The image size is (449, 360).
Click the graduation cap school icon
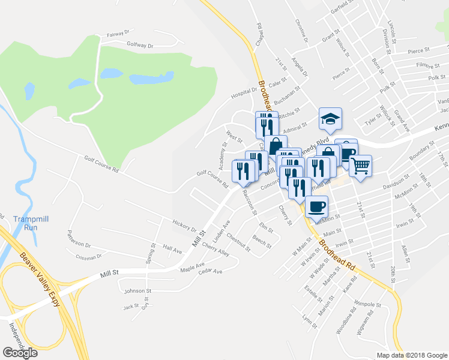[x=330, y=119]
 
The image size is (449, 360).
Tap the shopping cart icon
[x=360, y=166]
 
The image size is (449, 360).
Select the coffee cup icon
[x=316, y=207]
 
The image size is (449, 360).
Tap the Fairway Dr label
[x=119, y=35]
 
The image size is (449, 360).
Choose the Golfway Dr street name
[x=140, y=45]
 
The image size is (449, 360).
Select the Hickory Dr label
[x=184, y=229]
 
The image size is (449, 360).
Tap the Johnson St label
[x=134, y=291]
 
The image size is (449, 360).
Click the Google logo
[x=20, y=352]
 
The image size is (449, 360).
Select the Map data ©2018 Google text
[x=411, y=355]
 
